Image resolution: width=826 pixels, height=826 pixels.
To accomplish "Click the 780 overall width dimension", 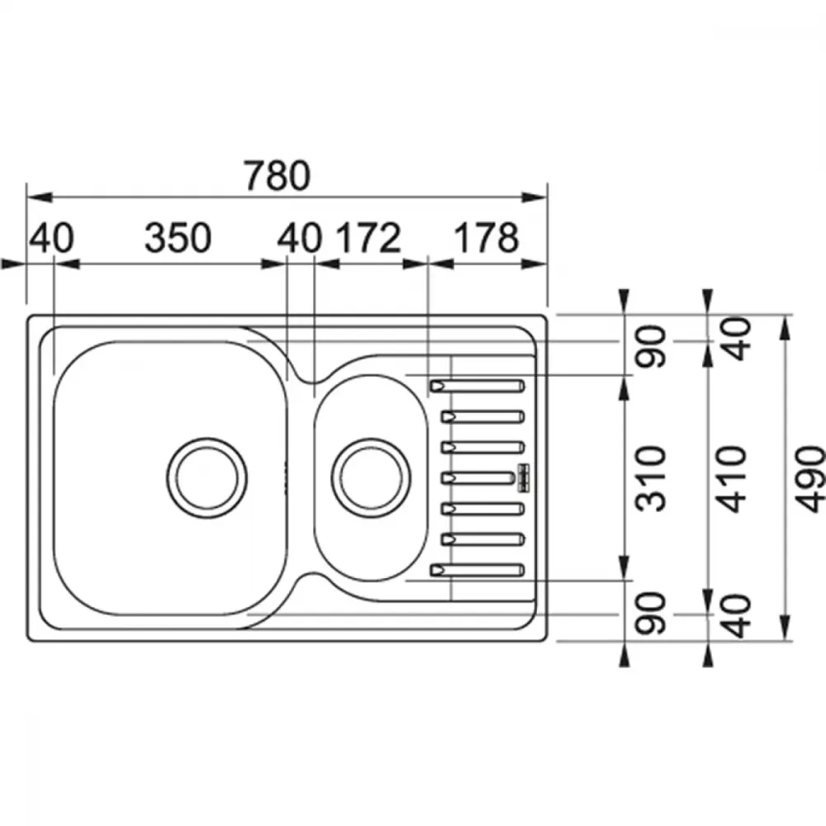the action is click(277, 176).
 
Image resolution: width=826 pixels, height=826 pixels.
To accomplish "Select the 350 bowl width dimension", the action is click(178, 238).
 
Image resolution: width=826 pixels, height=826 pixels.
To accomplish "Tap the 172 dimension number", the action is click(368, 238).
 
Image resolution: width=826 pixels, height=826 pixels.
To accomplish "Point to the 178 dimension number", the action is click(487, 238).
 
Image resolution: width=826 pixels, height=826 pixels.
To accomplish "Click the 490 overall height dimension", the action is click(809, 479).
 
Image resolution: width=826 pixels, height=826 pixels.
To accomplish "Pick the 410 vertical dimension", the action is click(733, 479).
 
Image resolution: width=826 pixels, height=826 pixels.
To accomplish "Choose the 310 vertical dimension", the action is click(651, 479).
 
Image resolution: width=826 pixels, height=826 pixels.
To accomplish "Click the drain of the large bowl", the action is click(207, 478).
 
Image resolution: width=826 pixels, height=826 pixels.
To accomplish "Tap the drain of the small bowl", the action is click(371, 478).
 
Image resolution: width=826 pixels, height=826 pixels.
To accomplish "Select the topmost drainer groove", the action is click(477, 386).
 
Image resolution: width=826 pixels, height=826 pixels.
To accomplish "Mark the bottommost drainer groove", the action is click(477, 570).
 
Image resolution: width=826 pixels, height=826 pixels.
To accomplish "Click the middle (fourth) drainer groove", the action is click(477, 478).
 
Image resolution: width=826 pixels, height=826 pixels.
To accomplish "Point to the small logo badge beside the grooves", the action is click(524, 478).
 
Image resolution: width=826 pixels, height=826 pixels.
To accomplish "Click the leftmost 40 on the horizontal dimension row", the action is click(51, 238).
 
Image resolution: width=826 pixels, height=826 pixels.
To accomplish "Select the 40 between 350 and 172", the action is click(299, 238).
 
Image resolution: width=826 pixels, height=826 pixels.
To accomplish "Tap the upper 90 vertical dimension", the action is click(651, 346).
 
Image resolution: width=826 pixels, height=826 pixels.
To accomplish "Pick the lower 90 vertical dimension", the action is click(651, 613).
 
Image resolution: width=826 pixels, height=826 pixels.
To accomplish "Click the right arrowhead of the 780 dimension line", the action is click(534, 197).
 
